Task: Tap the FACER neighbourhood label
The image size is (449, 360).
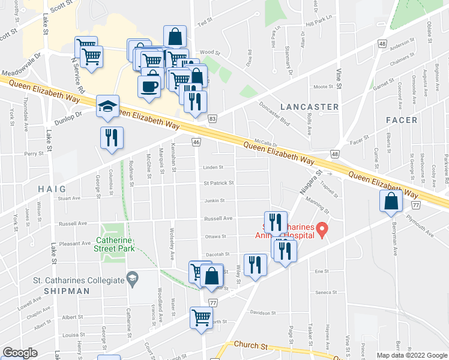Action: [402, 120]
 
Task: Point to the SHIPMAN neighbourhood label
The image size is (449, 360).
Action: [66, 291]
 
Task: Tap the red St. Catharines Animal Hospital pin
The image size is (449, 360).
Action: [322, 229]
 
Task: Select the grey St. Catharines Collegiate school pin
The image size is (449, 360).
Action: [131, 278]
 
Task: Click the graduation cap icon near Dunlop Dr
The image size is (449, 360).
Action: [106, 107]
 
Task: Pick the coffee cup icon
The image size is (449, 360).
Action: [148, 85]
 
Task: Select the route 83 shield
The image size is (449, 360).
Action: [212, 120]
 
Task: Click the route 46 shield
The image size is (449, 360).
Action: [196, 142]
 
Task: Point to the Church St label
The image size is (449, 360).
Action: [251, 346]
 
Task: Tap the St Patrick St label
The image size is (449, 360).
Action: [218, 183]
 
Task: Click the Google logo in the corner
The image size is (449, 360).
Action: [20, 353]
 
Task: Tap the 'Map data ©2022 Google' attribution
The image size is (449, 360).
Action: [411, 355]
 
